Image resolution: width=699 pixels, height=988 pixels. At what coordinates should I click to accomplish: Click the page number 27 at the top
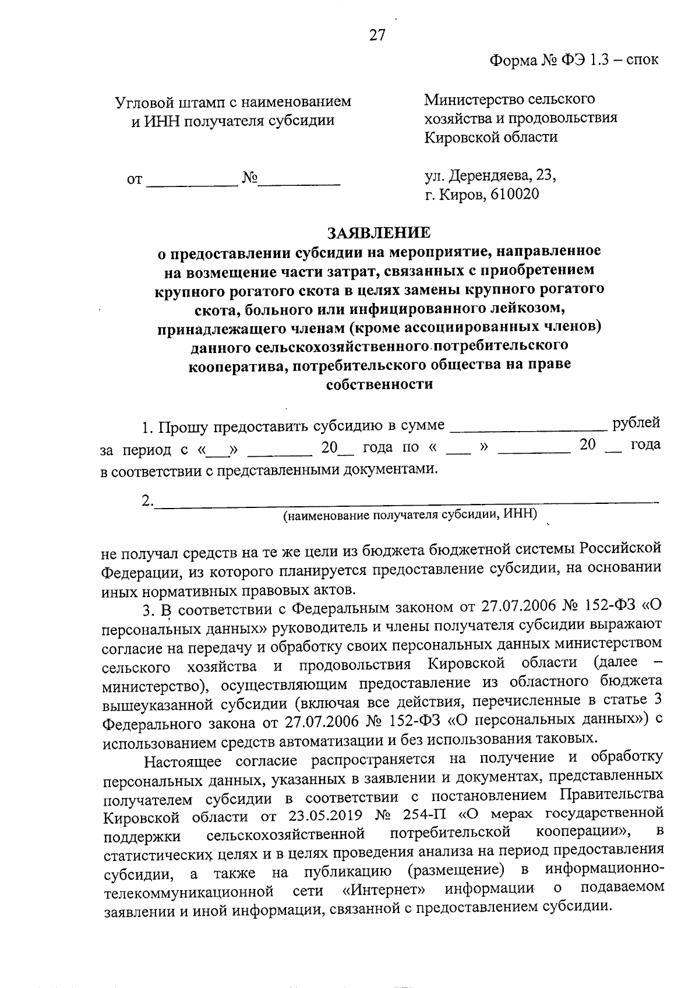[x=377, y=36]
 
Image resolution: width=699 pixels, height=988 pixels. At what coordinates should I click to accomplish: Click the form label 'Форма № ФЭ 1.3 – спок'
[x=574, y=59]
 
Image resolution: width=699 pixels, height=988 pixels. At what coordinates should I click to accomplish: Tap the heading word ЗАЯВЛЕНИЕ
[x=379, y=233]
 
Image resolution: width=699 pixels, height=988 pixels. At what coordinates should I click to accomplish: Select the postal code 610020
[x=515, y=193]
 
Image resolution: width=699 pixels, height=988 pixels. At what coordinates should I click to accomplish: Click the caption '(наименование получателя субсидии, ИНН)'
[x=410, y=515]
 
